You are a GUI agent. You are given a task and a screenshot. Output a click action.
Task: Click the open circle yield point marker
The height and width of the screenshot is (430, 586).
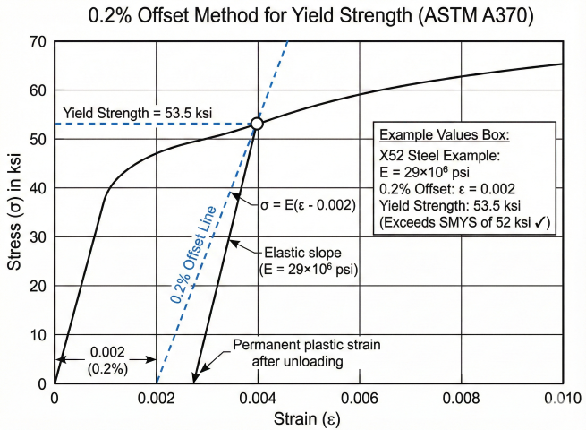(x=257, y=124)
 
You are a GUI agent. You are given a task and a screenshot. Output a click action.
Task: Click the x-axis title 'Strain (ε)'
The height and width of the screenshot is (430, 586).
(x=309, y=418)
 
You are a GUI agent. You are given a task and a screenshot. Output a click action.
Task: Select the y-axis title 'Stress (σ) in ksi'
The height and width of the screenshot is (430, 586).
(x=14, y=212)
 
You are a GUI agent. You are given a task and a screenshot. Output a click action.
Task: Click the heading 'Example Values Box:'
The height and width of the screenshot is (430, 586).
(x=445, y=135)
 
